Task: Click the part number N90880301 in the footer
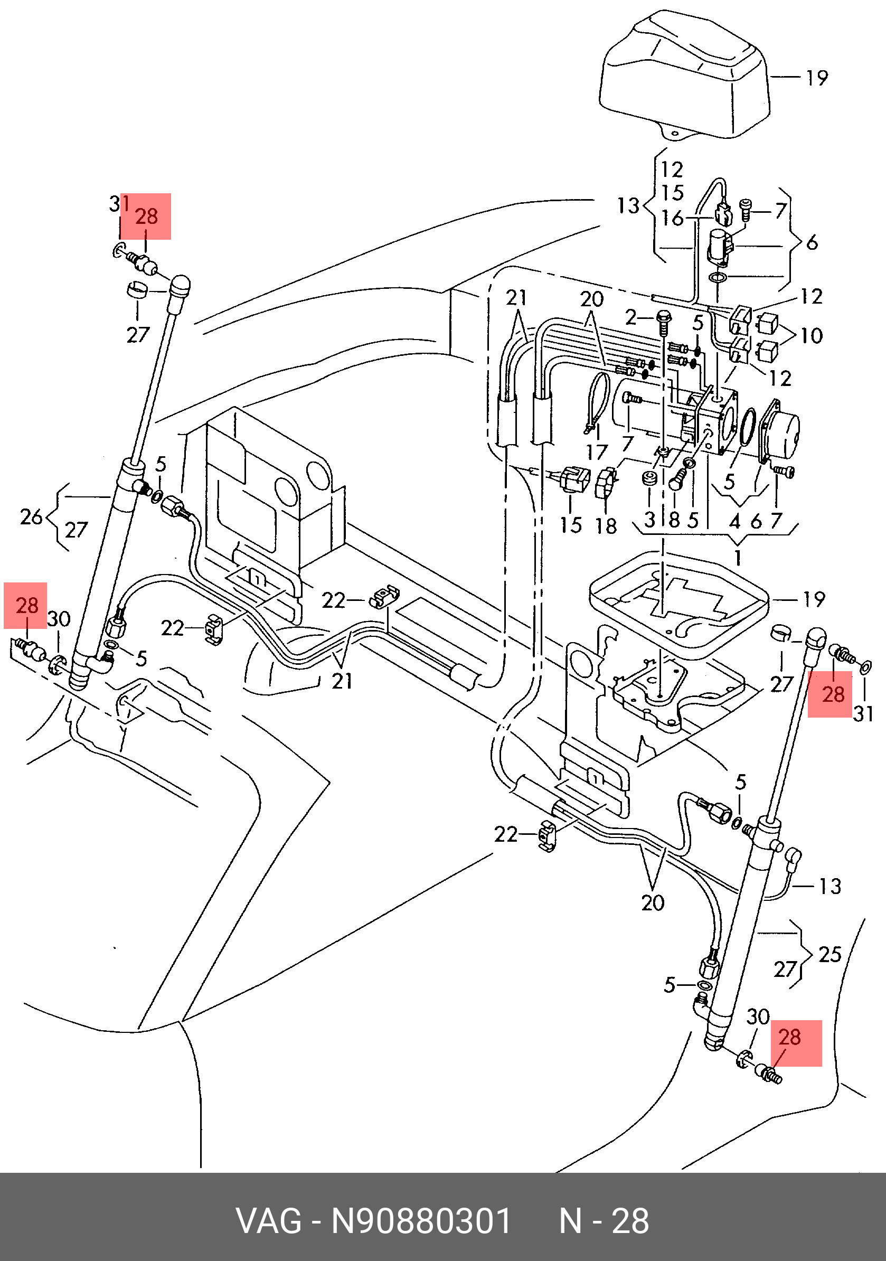click(421, 1221)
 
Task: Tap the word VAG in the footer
click(269, 1221)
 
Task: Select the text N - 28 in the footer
click(604, 1221)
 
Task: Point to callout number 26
click(31, 517)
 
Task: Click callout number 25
click(830, 955)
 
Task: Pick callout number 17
click(597, 452)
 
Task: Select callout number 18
click(606, 525)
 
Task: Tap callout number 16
click(672, 218)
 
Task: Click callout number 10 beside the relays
click(812, 335)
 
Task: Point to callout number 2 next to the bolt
click(630, 317)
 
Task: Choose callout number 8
click(674, 520)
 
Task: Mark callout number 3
click(650, 520)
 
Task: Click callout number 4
click(735, 521)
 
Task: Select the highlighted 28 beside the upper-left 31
click(146, 217)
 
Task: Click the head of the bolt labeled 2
click(664, 317)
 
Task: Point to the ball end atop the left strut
click(179, 286)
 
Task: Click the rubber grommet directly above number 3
click(650, 478)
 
